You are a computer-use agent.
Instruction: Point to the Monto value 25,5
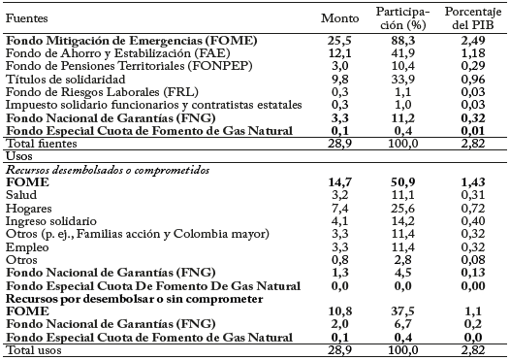coord(339,41)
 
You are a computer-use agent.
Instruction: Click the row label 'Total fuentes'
coord(38,143)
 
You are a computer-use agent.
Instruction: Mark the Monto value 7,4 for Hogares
coord(339,207)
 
